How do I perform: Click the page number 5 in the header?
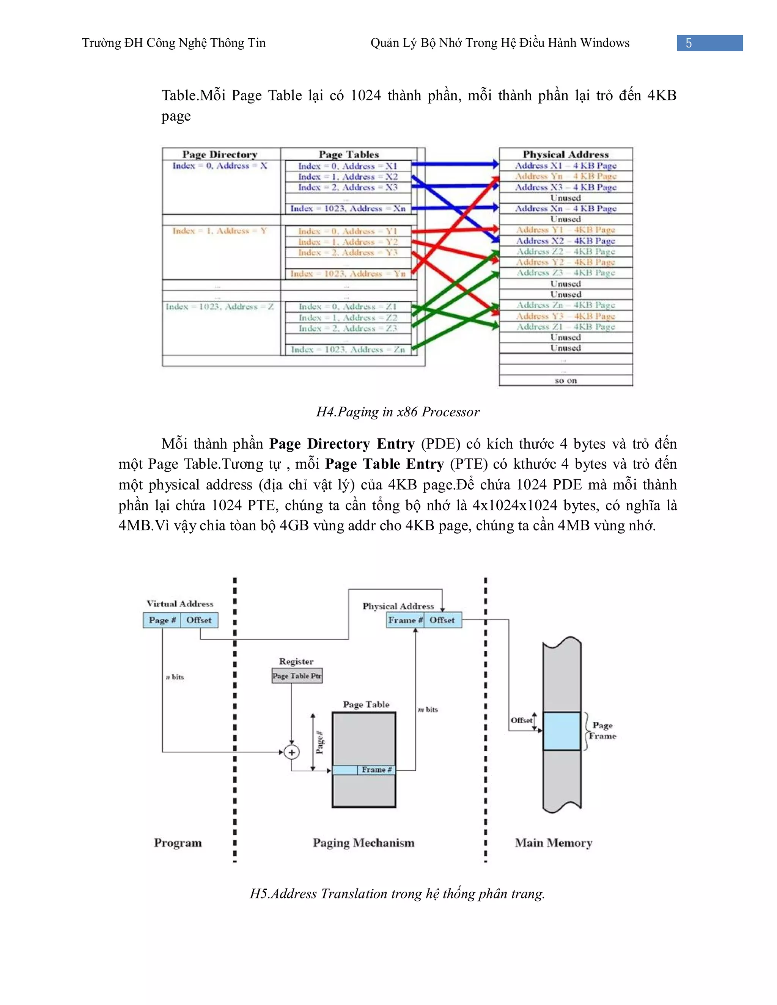(688, 43)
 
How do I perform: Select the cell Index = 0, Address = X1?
(348, 166)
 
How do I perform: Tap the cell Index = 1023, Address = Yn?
(348, 274)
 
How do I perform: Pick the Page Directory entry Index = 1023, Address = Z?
(220, 306)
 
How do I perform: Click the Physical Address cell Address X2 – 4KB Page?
(565, 241)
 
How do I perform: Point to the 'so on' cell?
(565, 380)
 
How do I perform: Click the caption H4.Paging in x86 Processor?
(398, 411)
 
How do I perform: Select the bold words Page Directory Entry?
(341, 444)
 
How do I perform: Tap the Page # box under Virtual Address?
(162, 620)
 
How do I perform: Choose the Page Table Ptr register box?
(297, 675)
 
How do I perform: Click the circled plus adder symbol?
(291, 752)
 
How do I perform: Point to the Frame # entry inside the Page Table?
(376, 769)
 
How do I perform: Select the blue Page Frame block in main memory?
(561, 731)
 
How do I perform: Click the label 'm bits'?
(428, 710)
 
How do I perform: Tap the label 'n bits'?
(175, 677)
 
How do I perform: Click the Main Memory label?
(553, 843)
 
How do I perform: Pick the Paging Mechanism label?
(363, 843)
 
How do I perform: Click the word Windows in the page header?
(604, 43)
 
